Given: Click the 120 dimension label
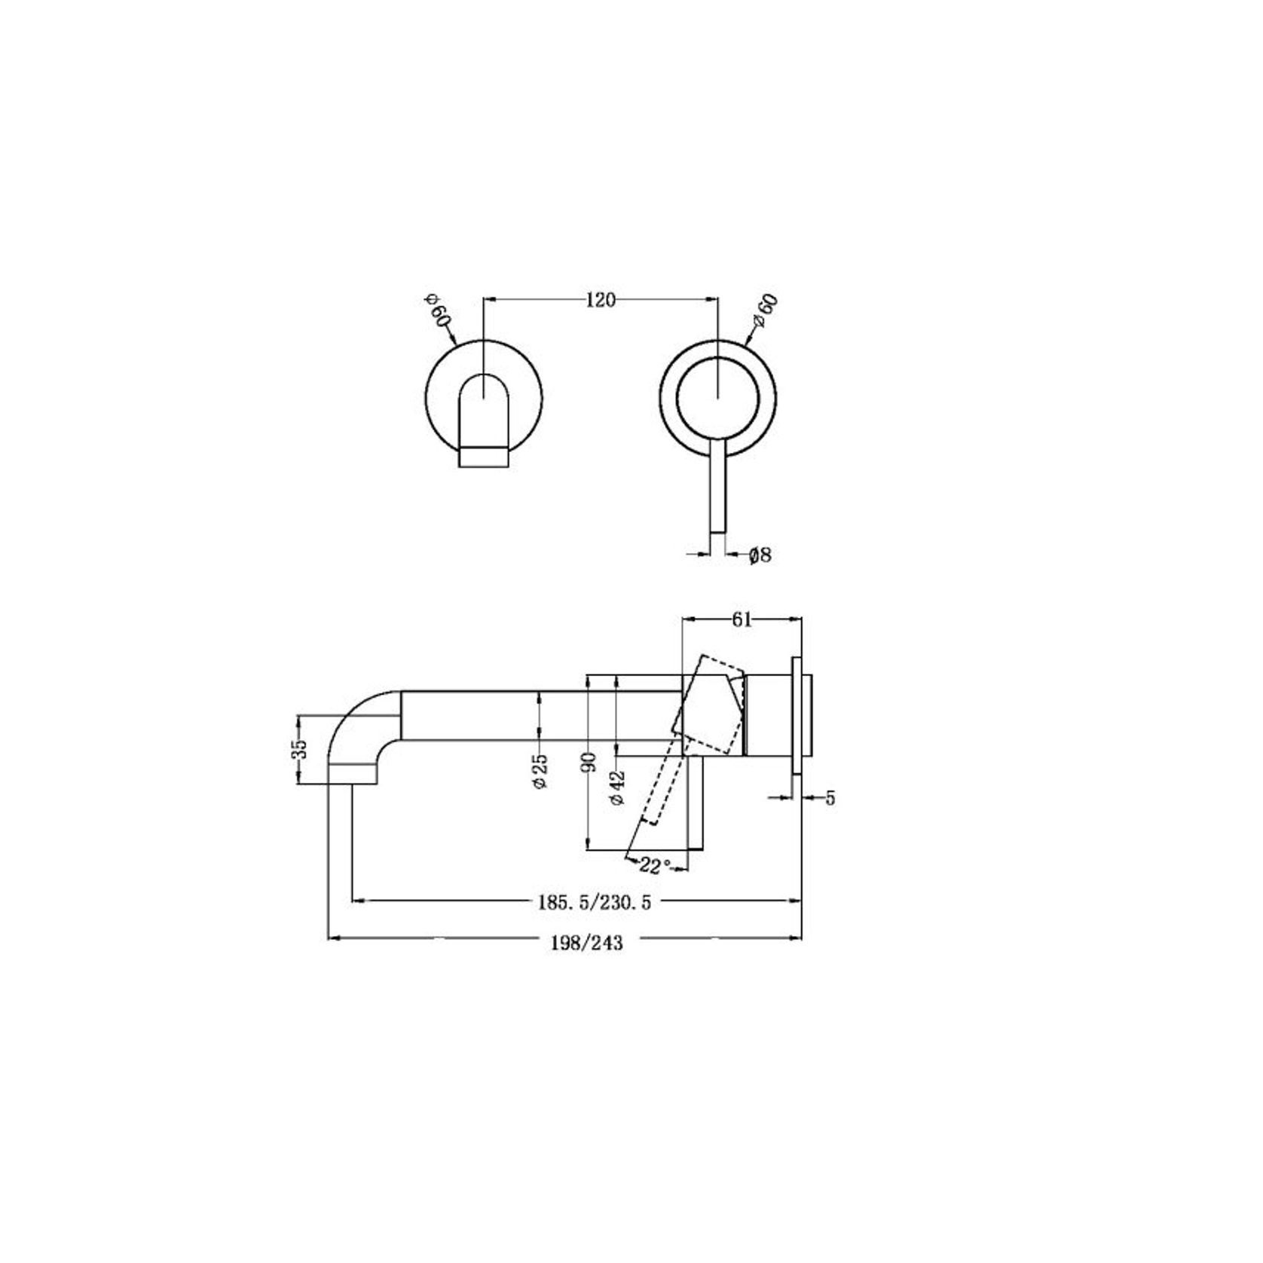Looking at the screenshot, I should coord(601,300).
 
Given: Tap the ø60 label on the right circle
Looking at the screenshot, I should coord(766,311).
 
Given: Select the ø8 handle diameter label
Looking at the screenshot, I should coord(760,555).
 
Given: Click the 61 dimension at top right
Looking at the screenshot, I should coord(742,619).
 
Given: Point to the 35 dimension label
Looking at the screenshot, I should coord(300,749).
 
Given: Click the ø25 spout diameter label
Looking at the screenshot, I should coord(540,772).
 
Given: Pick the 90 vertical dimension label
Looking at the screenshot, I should coord(590,761).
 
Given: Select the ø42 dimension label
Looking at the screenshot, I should coord(617,788).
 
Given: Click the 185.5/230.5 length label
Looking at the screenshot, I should coord(595,903).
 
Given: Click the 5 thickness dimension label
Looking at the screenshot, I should coord(830,798).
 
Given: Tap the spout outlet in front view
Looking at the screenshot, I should coord(483,456).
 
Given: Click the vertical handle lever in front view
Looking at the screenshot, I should coord(717,490).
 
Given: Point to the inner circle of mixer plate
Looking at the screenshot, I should coord(717,399).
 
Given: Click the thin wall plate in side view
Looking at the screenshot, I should coord(796,714).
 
